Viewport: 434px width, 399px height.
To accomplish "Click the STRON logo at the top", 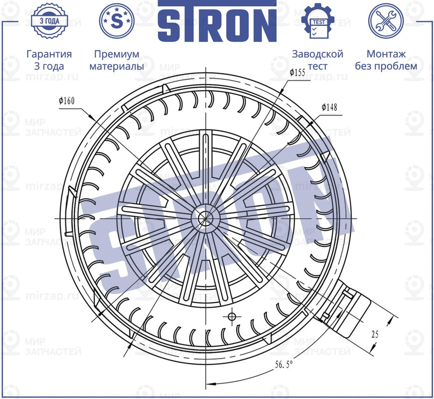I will point(217,22).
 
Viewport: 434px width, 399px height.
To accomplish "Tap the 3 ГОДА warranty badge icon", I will point(49,21).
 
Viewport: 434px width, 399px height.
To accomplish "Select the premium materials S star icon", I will point(117,21).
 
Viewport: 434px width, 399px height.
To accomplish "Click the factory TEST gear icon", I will point(317,21).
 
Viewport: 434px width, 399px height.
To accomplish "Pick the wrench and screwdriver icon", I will point(386,21).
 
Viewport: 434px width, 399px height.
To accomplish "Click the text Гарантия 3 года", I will point(49,60).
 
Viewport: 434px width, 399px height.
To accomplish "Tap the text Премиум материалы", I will point(117,60).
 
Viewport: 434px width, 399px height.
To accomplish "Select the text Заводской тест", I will point(317,60).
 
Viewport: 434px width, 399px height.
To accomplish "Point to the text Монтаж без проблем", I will point(386,60).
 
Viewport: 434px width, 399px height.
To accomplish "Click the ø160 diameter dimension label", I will point(66,101).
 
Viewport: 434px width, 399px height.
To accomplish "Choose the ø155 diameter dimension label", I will point(297,73).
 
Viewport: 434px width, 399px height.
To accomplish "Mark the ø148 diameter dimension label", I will point(329,107).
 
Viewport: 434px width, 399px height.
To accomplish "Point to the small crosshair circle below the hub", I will point(231,316).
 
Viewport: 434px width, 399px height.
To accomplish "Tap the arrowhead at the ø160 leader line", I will point(93,117).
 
